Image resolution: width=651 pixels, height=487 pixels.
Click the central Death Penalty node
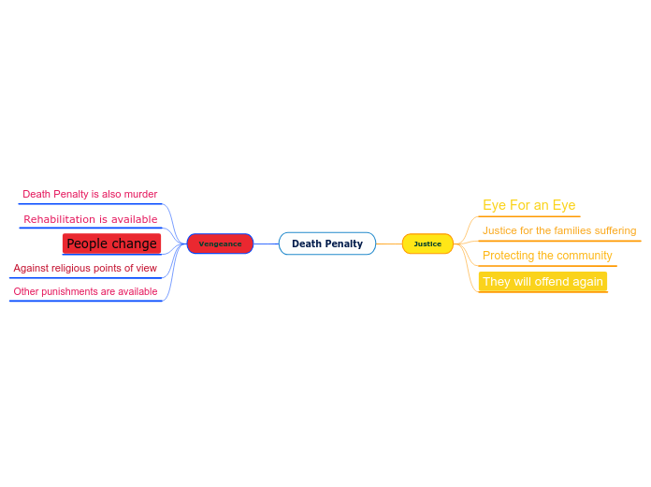click(x=327, y=243)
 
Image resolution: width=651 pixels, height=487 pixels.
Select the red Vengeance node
click(x=220, y=243)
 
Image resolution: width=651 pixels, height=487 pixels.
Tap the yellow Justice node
click(x=427, y=243)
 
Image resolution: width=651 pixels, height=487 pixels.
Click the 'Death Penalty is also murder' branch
click(x=90, y=194)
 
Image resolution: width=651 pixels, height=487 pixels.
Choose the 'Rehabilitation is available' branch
click(x=90, y=219)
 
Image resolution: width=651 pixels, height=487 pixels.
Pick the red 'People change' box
click(x=111, y=243)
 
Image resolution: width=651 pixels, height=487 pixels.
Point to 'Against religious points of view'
click(x=85, y=268)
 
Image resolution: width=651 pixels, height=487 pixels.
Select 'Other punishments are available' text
click(x=85, y=291)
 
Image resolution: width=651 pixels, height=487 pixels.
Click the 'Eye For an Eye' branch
click(x=528, y=205)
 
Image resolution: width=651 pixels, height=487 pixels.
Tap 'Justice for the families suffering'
click(x=559, y=230)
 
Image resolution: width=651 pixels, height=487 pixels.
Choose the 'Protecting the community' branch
click(x=547, y=256)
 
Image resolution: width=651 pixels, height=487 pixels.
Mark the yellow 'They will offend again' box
click(x=542, y=281)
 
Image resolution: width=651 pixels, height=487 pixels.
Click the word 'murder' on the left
click(x=140, y=194)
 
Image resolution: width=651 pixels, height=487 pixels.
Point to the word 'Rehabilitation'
click(x=60, y=219)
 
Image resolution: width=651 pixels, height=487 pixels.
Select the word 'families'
click(x=573, y=230)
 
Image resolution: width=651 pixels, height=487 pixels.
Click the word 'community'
click(x=584, y=256)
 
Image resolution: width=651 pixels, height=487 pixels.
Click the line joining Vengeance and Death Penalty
click(x=267, y=243)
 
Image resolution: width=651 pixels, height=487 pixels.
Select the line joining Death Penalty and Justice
click(x=389, y=243)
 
